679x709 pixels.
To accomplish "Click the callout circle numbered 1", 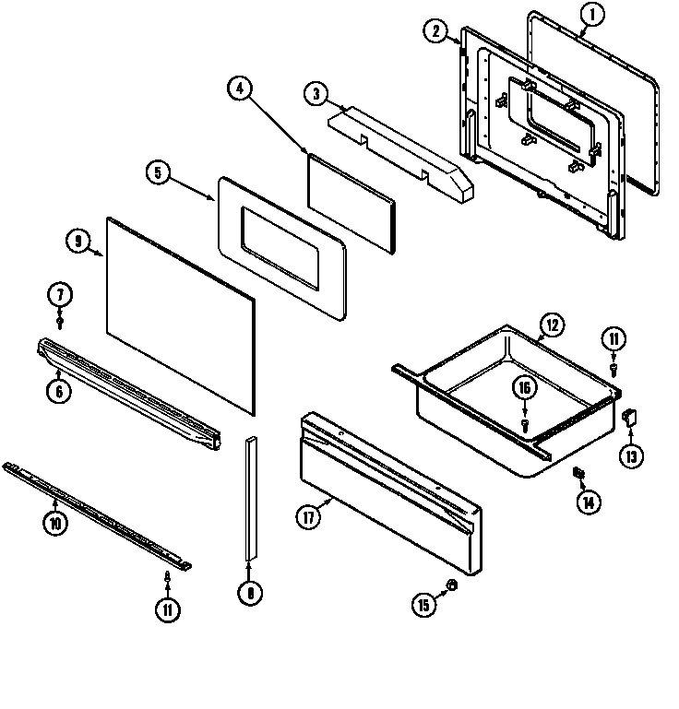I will [592, 14].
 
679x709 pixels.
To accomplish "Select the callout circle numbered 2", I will [435, 30].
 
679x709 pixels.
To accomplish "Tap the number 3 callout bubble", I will [316, 93].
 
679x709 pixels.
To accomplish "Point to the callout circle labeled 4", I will [239, 89].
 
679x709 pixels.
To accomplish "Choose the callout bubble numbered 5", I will [159, 172].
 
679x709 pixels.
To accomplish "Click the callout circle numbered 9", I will [79, 242].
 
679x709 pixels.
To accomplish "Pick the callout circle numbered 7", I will [60, 296].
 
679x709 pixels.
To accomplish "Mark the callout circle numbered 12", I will [551, 325].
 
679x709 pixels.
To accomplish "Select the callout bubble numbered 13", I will [632, 455].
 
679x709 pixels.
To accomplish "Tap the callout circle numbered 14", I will [588, 502].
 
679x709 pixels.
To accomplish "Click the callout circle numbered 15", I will [423, 605].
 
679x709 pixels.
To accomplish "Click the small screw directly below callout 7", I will [60, 323].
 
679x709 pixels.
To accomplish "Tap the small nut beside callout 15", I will [451, 586].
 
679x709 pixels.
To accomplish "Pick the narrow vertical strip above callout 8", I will [250, 498].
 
